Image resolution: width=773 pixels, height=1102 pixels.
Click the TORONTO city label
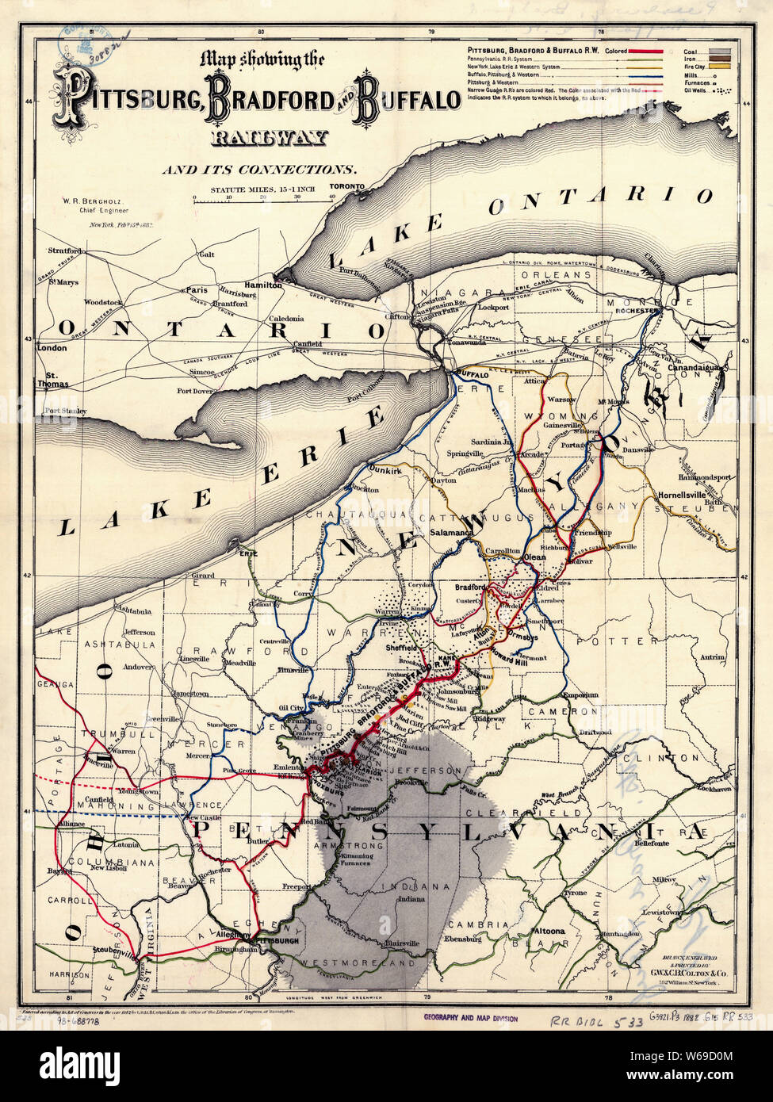346,186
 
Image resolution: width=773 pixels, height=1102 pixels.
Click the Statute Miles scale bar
263,201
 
